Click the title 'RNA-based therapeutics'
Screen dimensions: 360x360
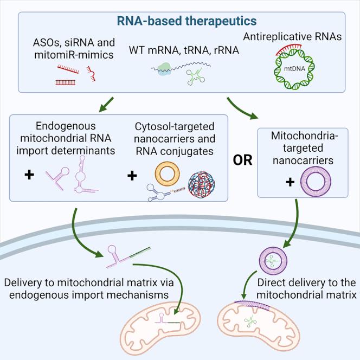[179, 21]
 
